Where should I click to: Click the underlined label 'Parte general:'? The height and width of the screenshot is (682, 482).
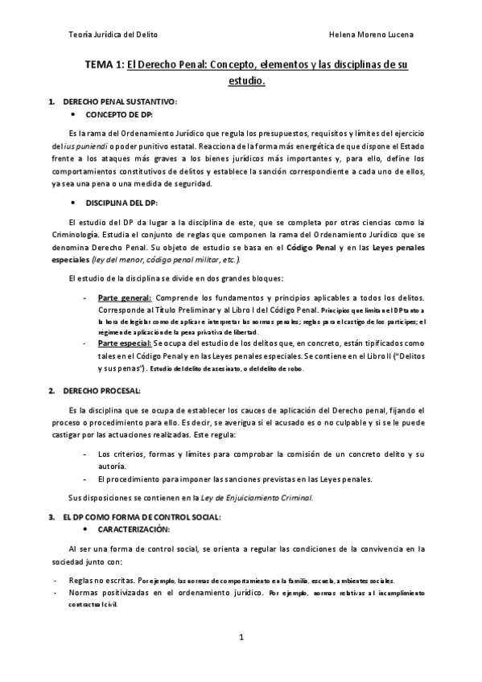(x=123, y=297)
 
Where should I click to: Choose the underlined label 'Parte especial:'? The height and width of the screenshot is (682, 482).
(x=125, y=342)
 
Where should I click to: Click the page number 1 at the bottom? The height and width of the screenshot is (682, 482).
(x=241, y=638)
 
